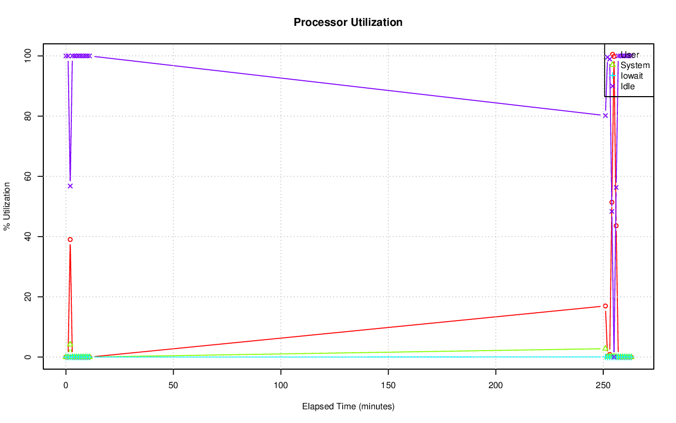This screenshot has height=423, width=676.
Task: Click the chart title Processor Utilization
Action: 348,23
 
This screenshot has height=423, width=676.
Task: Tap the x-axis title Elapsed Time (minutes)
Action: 348,407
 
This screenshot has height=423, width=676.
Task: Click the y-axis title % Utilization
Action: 7,206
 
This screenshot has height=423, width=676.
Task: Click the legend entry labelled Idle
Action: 627,87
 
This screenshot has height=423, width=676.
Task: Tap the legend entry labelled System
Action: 635,65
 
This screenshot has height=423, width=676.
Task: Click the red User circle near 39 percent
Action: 70,239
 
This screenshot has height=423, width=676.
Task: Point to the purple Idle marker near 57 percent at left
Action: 70,186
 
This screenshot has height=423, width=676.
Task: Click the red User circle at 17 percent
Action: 605,306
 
